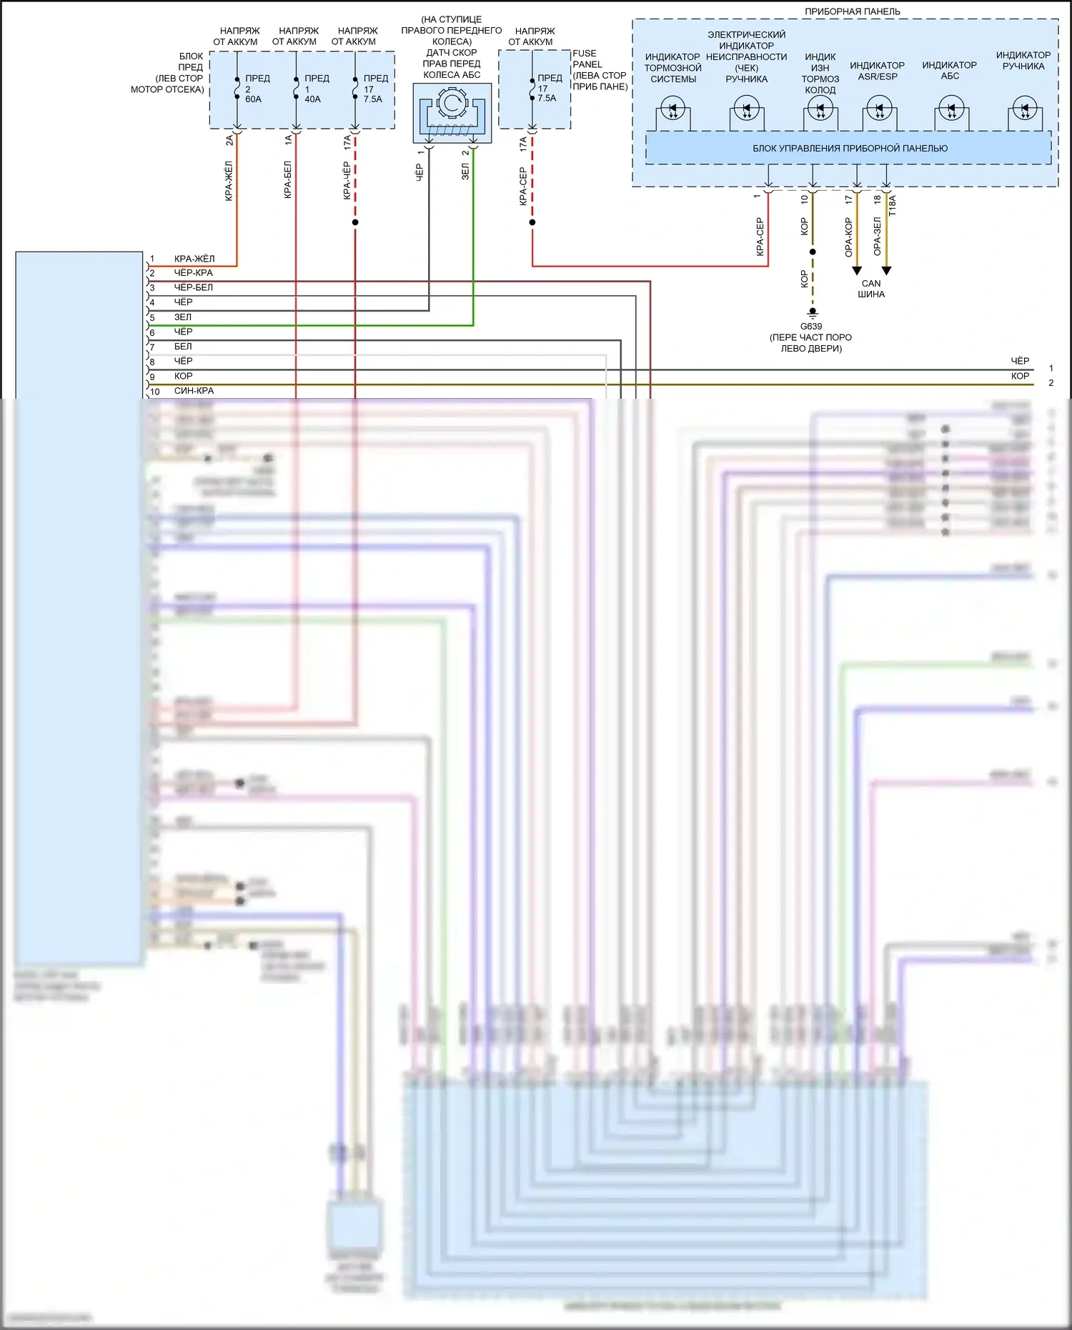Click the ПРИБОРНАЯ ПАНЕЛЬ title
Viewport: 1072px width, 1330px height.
click(x=852, y=11)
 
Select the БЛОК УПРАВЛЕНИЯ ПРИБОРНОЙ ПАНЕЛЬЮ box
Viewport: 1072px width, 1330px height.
click(x=849, y=149)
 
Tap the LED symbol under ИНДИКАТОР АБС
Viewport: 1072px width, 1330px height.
click(x=951, y=110)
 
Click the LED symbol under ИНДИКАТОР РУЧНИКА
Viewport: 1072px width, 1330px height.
click(x=1025, y=109)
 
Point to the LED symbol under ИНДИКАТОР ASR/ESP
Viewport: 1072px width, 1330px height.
click(x=879, y=110)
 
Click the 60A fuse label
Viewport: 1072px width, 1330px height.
click(x=253, y=99)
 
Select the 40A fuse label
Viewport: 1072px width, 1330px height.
click(x=312, y=99)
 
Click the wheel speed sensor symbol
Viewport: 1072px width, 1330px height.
click(x=452, y=112)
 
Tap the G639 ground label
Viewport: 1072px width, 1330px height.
click(x=810, y=327)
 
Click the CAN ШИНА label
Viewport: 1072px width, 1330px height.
click(x=871, y=289)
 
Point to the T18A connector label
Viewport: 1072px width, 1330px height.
click(x=892, y=206)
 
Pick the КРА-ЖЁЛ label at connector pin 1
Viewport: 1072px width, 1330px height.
click(x=194, y=259)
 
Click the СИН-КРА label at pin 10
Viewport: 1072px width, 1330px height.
click(x=194, y=391)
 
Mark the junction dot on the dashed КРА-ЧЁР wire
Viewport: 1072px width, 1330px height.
click(x=355, y=222)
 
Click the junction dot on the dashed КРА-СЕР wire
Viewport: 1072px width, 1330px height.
click(x=532, y=222)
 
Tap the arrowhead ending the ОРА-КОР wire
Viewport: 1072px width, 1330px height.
click(x=857, y=271)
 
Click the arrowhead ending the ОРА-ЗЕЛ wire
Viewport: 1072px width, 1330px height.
click(x=886, y=271)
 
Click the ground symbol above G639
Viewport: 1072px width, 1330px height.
click(x=813, y=312)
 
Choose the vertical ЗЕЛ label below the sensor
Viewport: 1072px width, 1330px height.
click(x=465, y=172)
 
